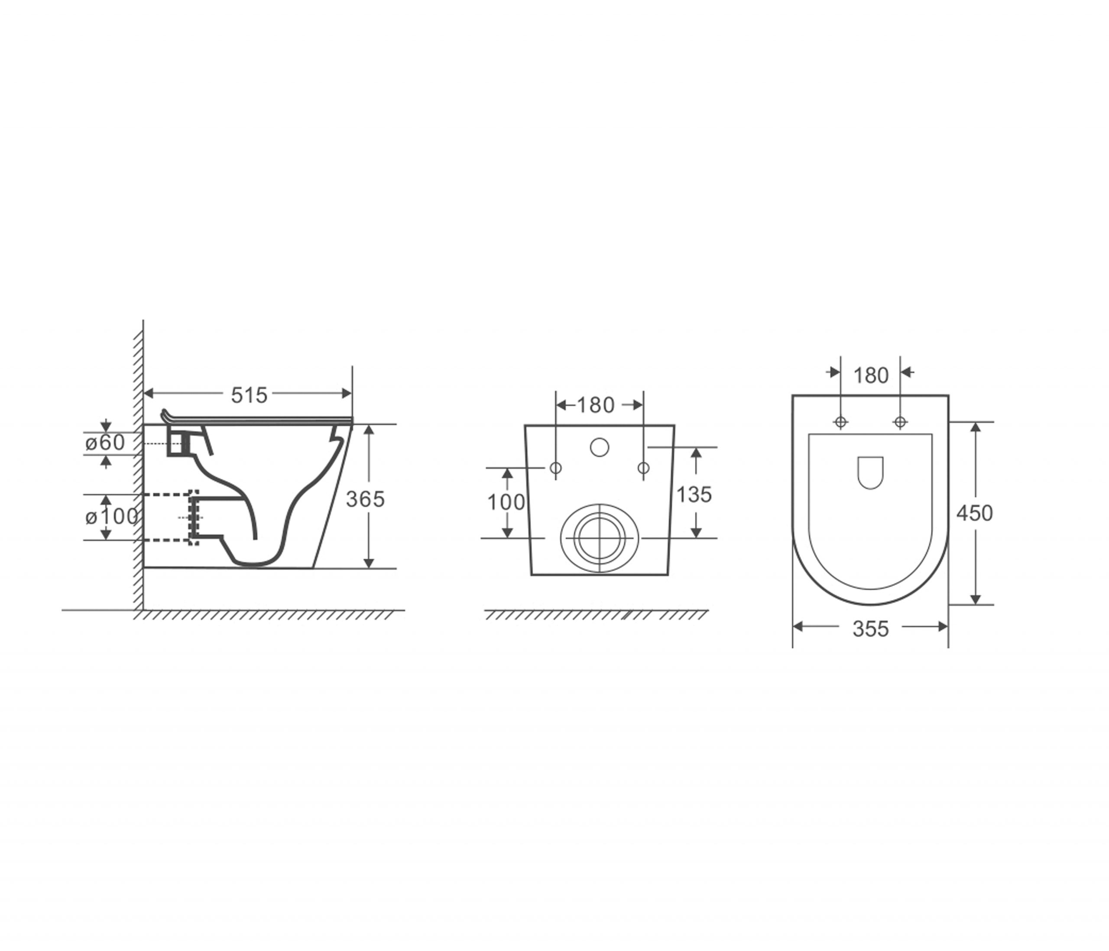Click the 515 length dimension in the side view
tap(249, 395)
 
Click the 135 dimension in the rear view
tap(694, 494)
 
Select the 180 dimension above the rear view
tap(596, 405)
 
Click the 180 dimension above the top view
tap(871, 375)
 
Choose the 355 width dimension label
tap(871, 629)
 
